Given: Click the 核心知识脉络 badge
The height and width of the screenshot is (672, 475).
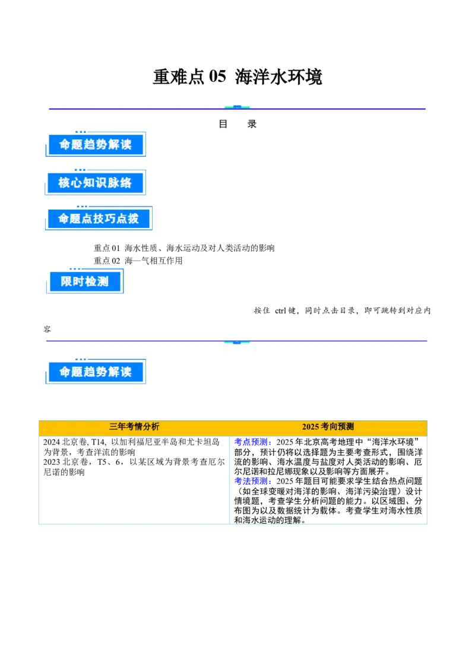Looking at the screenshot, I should [x=95, y=183].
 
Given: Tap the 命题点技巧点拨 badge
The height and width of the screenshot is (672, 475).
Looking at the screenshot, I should [x=99, y=219].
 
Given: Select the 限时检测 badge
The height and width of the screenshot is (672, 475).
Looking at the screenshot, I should [x=85, y=282].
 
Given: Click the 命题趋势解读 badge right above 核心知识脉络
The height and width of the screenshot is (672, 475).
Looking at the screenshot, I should [x=95, y=145].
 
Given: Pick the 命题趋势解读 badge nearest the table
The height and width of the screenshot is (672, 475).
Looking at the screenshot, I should [x=95, y=373].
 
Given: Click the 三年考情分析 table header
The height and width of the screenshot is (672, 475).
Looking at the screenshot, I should [x=134, y=427].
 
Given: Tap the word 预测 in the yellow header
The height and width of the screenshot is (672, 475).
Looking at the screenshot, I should [x=346, y=427].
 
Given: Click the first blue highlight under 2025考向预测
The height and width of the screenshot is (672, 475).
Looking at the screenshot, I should [x=252, y=442].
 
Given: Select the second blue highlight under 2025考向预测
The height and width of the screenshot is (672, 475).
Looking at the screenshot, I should [x=252, y=480].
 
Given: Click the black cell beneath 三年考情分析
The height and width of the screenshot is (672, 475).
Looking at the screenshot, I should [x=135, y=480].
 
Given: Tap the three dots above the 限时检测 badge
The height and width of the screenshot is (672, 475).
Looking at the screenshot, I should [x=75, y=269].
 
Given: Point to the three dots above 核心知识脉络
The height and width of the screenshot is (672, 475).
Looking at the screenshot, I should [x=81, y=170].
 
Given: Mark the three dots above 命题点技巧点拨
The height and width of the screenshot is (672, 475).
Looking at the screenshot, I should [x=82, y=207].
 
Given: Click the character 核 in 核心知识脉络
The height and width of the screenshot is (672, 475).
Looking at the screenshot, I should [x=64, y=183].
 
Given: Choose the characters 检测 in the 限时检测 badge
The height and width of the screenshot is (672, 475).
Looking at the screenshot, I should [x=97, y=282].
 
